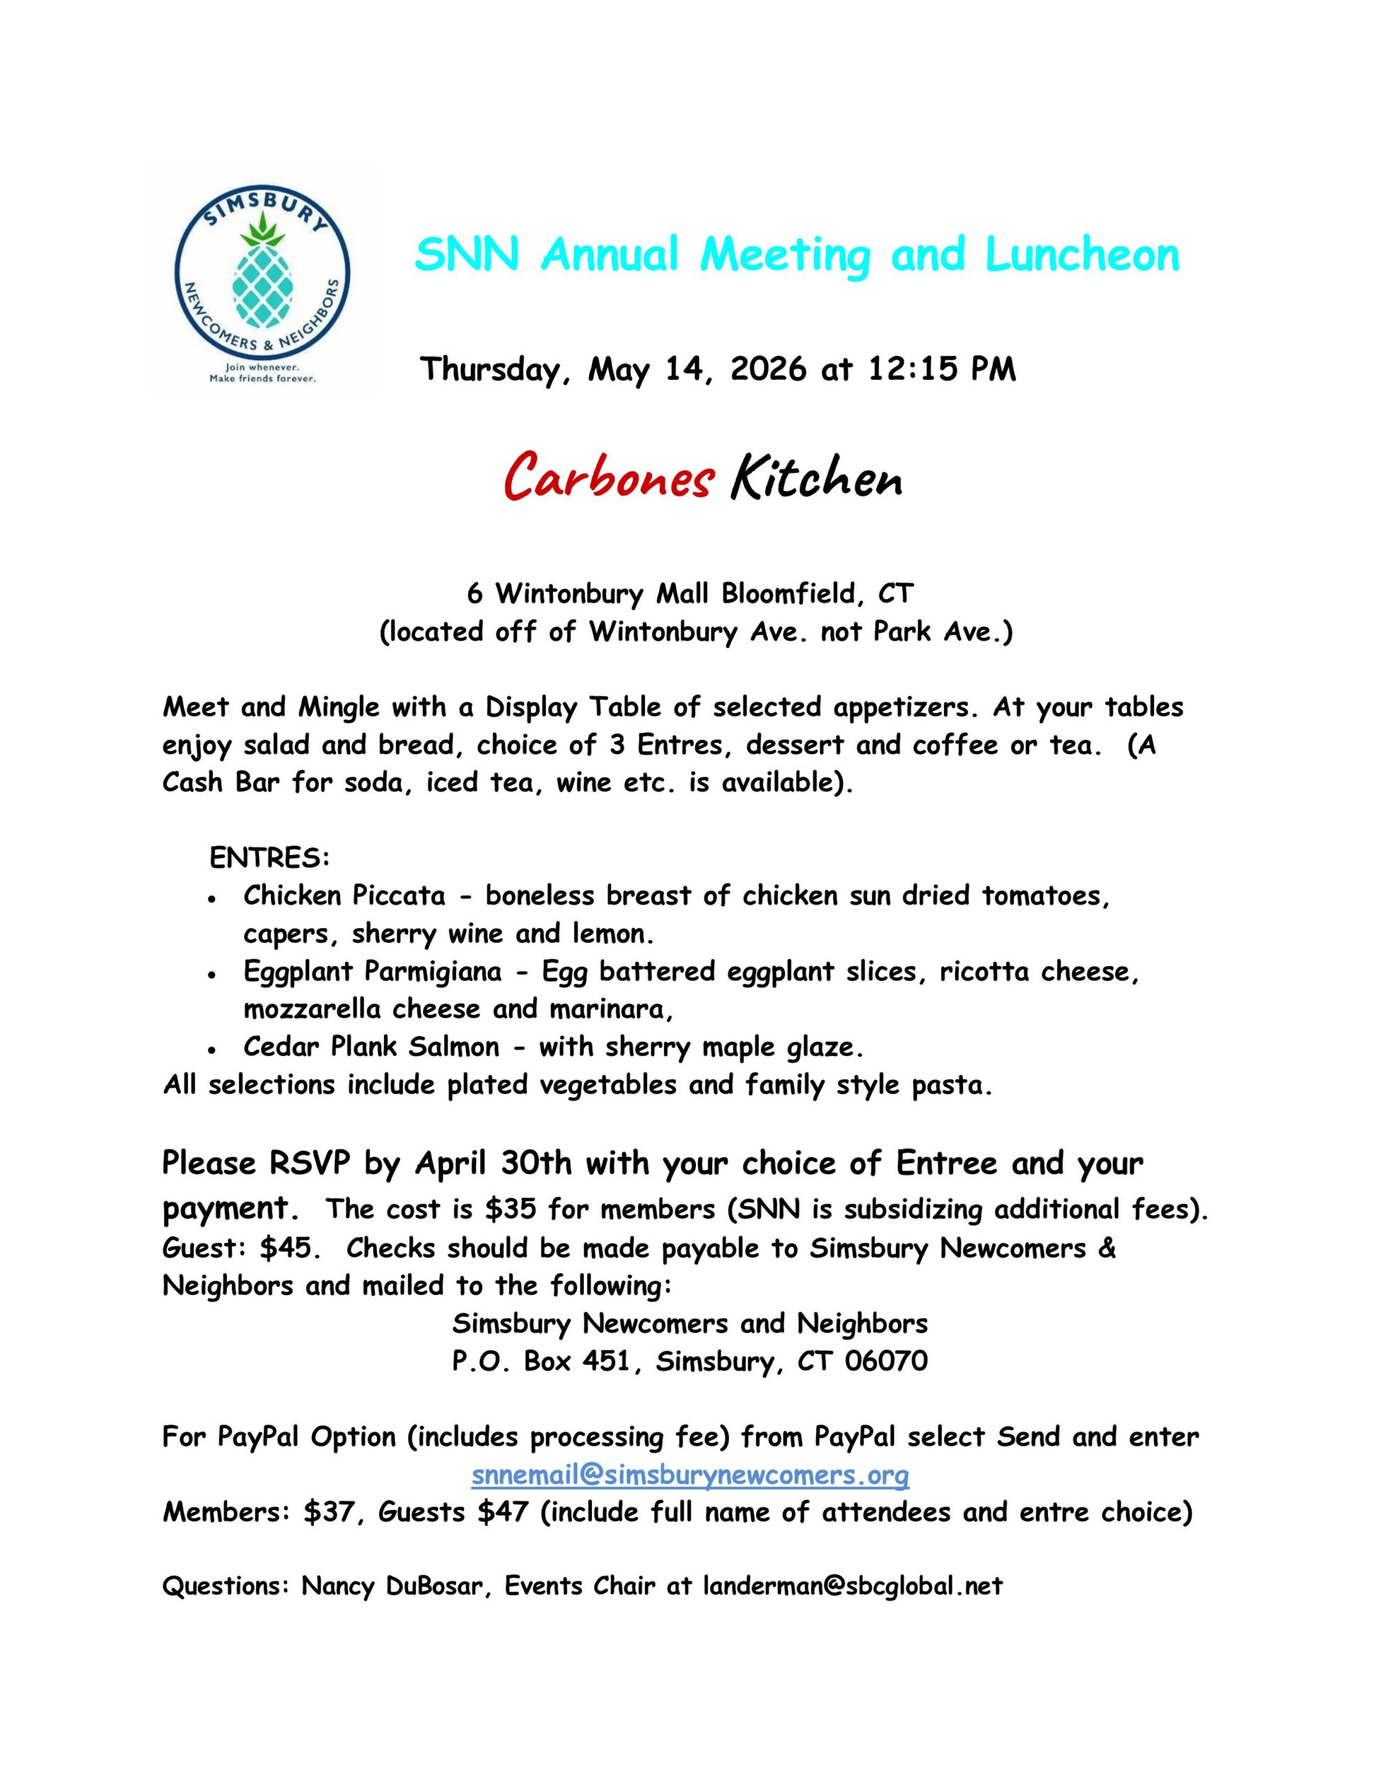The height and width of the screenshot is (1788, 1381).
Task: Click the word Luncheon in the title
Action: (1082, 255)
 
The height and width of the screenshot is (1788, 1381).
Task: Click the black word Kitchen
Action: (816, 480)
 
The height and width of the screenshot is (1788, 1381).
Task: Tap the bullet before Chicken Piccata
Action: (212, 899)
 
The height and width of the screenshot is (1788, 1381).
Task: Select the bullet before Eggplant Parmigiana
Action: (212, 975)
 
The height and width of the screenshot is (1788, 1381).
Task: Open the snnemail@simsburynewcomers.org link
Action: (690, 1475)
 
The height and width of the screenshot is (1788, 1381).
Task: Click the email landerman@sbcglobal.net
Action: (853, 1587)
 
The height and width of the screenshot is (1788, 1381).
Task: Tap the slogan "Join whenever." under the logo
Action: (262, 367)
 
